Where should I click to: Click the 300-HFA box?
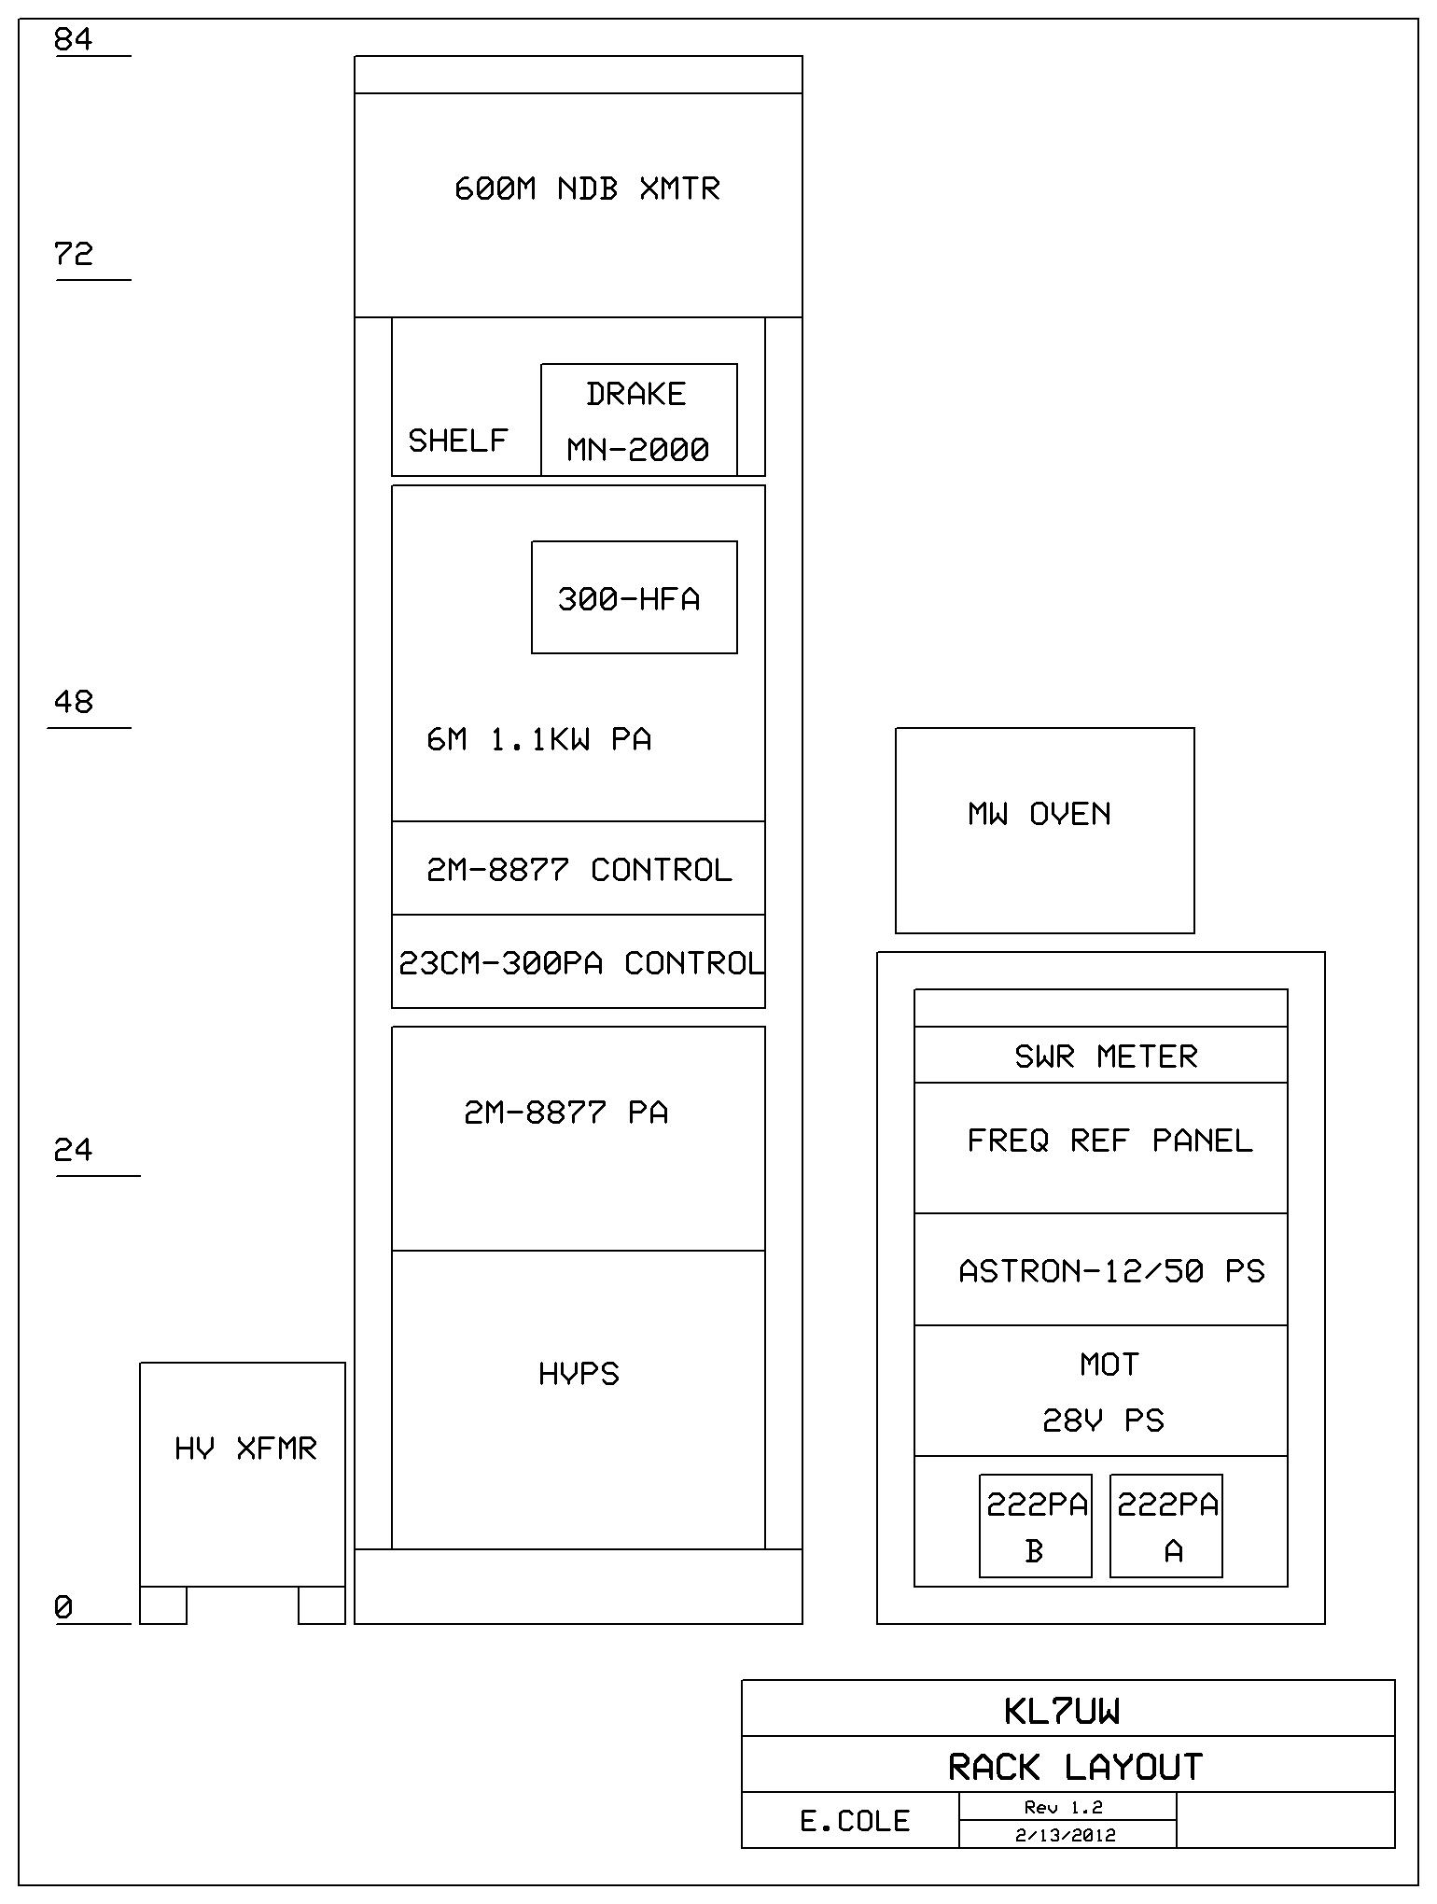click(634, 597)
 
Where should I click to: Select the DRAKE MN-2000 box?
click(638, 420)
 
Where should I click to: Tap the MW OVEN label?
click(1039, 814)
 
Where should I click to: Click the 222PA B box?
click(1035, 1526)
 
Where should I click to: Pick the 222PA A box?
click(1165, 1526)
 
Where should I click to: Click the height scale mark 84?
click(74, 40)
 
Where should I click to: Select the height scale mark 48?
click(74, 702)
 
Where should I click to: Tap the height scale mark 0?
click(63, 1607)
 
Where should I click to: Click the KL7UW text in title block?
click(1062, 1712)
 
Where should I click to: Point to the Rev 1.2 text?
click(1063, 1807)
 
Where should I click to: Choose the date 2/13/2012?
click(1066, 1835)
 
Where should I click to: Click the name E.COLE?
click(855, 1821)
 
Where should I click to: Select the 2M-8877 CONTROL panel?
click(579, 869)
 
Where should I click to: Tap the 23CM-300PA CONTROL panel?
click(579, 962)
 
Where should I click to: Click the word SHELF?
click(457, 440)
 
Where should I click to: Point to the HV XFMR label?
click(245, 1449)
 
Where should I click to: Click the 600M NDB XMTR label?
click(587, 189)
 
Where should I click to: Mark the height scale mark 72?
click(74, 254)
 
